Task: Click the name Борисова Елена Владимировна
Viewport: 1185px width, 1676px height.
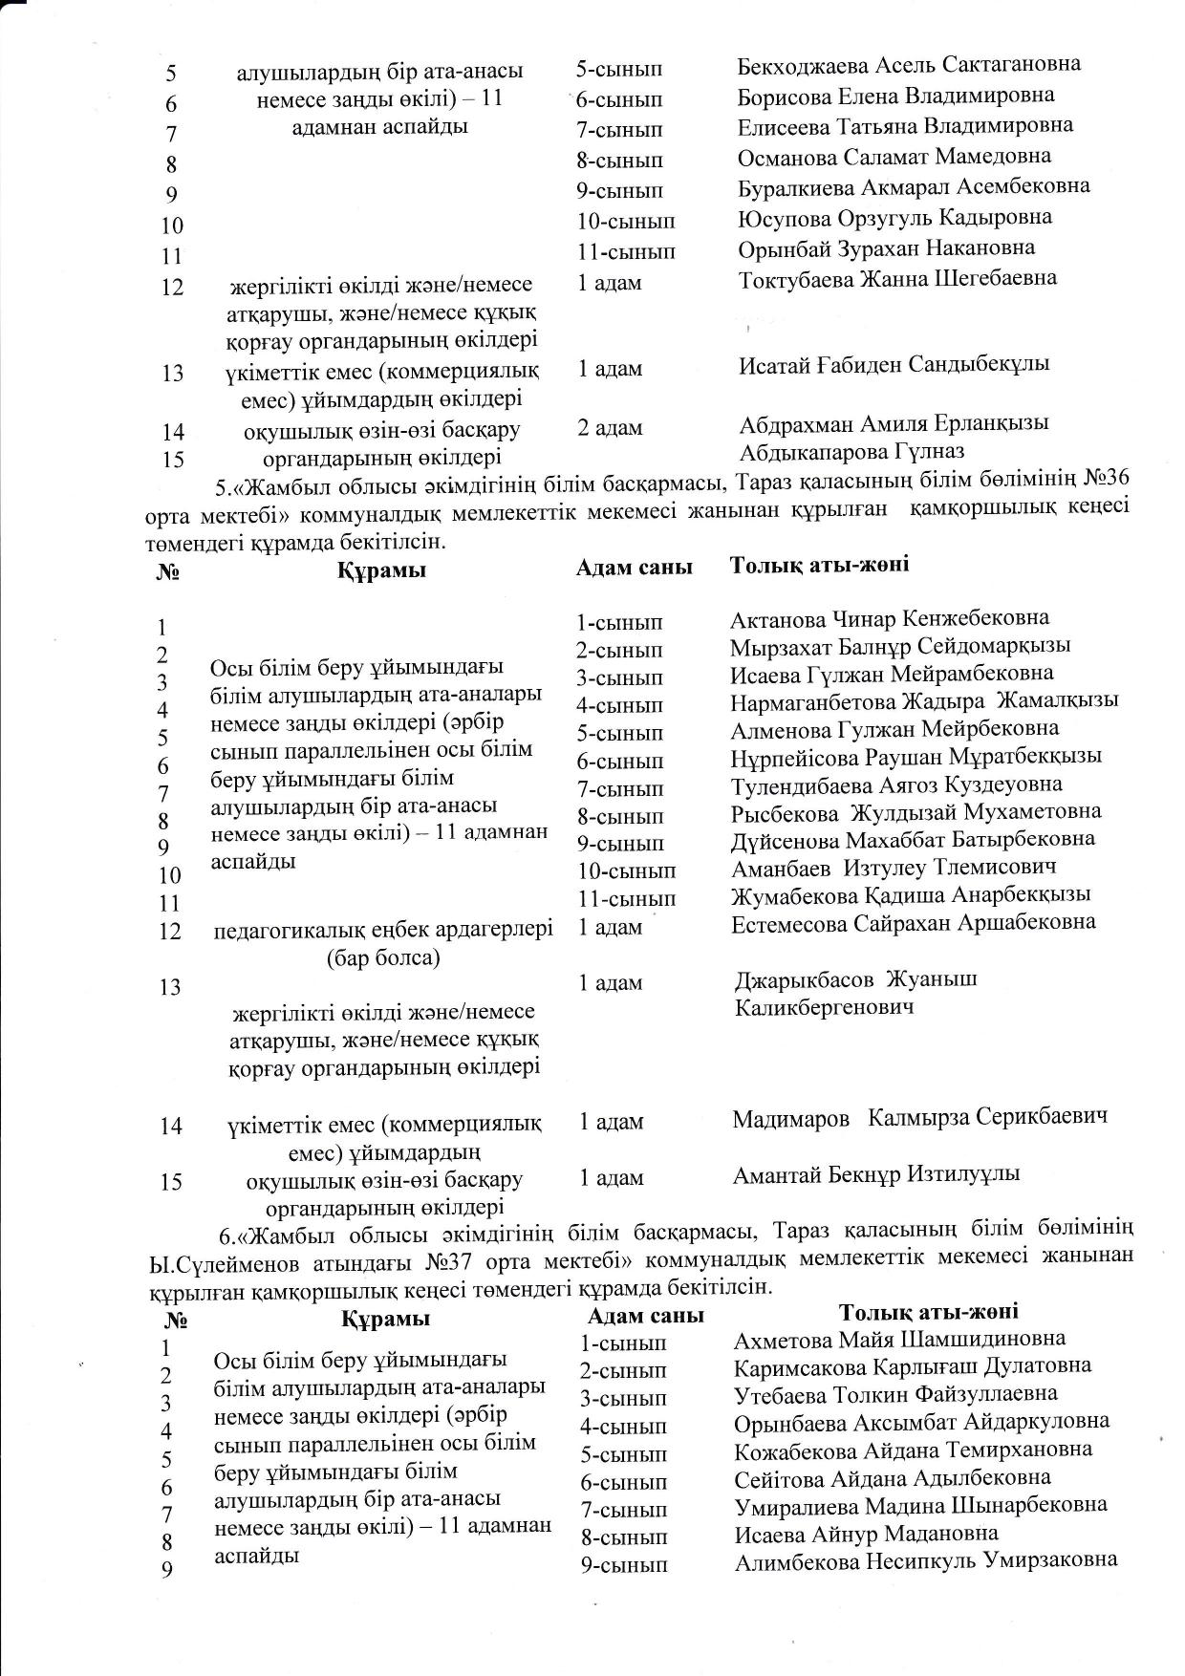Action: click(x=895, y=96)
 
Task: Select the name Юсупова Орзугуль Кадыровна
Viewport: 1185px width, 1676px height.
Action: click(x=894, y=217)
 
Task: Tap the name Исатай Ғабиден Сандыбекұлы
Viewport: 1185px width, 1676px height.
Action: click(x=894, y=364)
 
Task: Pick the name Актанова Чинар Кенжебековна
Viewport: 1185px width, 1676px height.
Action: click(x=890, y=617)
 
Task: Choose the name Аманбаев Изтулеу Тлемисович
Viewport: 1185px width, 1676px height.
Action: click(x=894, y=868)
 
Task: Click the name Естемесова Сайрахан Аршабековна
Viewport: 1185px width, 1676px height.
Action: click(x=913, y=923)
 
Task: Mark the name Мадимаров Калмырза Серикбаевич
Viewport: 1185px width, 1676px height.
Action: click(x=919, y=1117)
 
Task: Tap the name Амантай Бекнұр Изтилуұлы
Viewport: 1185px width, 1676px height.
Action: click(x=876, y=1173)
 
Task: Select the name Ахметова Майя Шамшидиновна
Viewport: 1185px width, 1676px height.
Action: click(x=899, y=1340)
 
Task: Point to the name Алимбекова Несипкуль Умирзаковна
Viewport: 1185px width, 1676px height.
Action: click(x=925, y=1560)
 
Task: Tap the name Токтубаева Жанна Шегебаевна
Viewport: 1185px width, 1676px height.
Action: click(x=897, y=278)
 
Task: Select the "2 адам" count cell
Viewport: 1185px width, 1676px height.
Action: click(x=610, y=427)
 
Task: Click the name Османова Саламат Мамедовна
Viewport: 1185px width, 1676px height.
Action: click(x=894, y=156)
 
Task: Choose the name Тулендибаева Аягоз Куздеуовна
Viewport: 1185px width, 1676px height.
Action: click(x=896, y=784)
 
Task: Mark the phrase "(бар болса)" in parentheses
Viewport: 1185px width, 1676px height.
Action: click(x=382, y=957)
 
